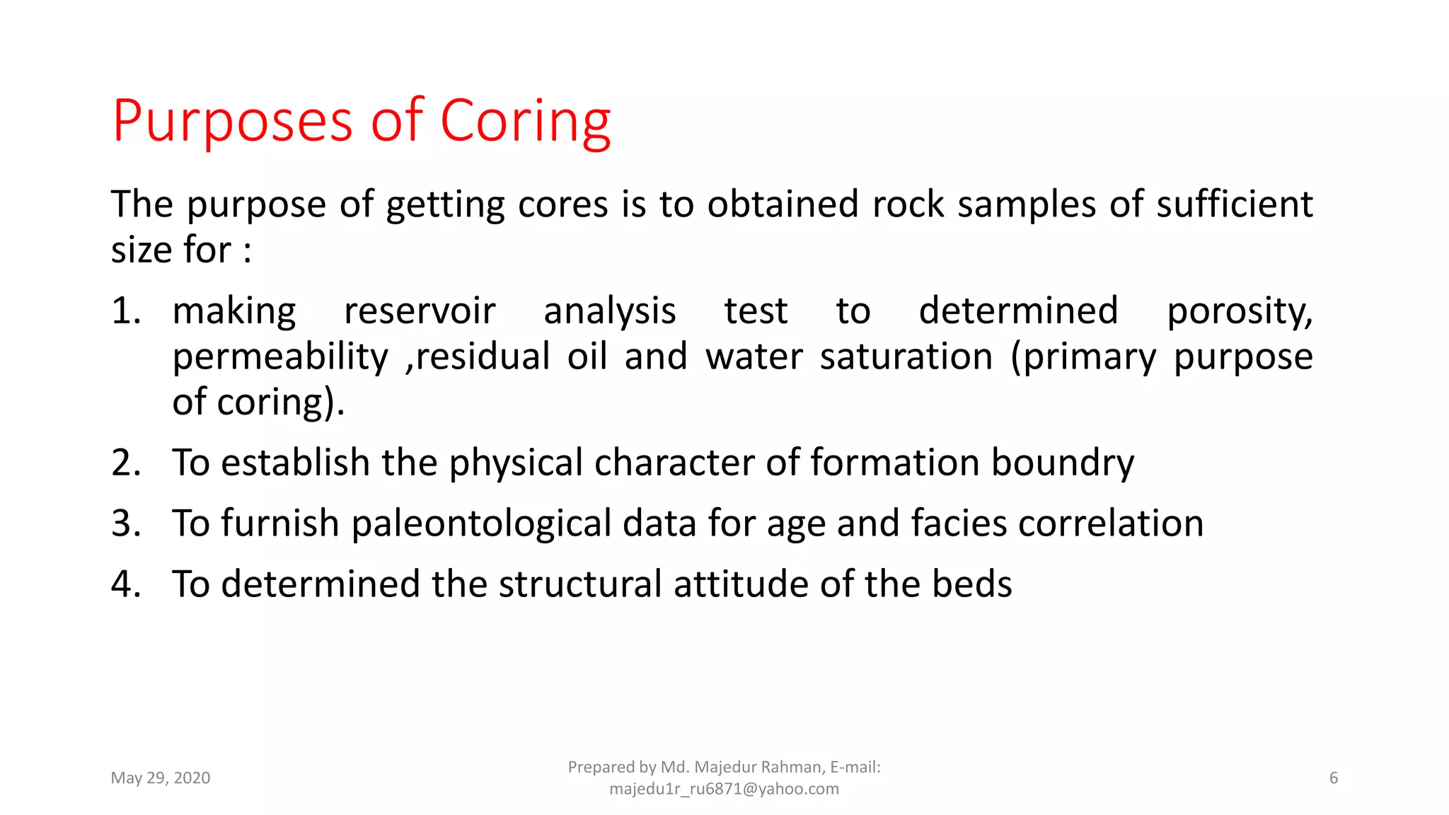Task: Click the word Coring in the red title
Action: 525,122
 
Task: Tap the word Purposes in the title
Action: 232,122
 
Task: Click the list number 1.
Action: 125,311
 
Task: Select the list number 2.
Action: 127,463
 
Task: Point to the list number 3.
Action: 127,524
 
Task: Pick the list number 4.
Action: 127,584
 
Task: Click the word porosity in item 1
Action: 1239,311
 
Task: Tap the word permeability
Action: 280,357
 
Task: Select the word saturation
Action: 906,357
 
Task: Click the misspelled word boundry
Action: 1062,463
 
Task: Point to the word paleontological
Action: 480,524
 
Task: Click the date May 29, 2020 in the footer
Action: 161,778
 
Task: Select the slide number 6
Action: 1334,778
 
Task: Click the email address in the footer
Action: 724,789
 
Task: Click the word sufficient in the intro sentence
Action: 1235,205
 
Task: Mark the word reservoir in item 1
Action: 420,311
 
